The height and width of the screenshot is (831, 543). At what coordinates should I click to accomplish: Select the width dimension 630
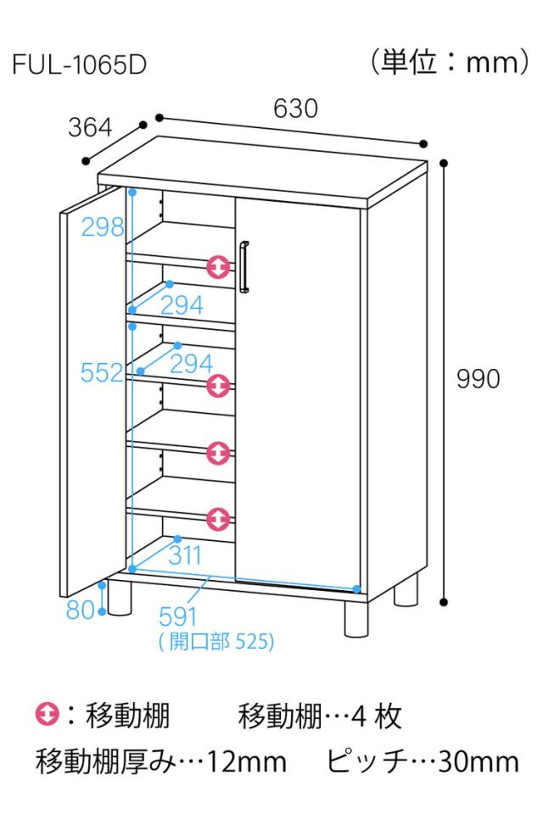pyautogui.click(x=295, y=109)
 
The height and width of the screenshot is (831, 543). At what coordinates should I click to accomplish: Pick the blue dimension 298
pyautogui.click(x=103, y=226)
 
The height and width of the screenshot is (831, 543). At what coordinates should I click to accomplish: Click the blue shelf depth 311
pyautogui.click(x=184, y=556)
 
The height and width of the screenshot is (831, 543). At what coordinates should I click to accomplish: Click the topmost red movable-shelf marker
pyautogui.click(x=219, y=267)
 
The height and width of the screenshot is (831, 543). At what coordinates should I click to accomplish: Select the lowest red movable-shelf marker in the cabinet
pyautogui.click(x=219, y=516)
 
